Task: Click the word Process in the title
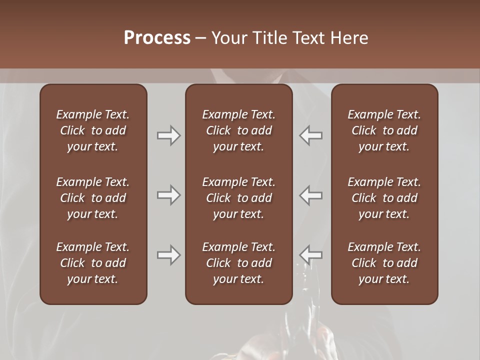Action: [157, 38]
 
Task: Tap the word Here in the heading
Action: [349, 38]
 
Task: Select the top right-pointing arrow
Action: [168, 135]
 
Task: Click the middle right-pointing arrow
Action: [168, 195]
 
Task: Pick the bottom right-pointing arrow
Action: [168, 255]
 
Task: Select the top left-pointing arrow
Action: [311, 135]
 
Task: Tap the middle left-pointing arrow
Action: [311, 195]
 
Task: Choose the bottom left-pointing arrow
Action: [311, 255]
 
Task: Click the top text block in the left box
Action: [93, 130]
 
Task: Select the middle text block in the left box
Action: [93, 198]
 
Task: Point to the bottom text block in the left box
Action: [93, 263]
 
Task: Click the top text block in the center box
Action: [238, 130]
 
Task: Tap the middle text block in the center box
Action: [238, 198]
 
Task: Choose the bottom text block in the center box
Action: [238, 263]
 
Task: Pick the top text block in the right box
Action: [384, 130]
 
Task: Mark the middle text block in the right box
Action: [384, 198]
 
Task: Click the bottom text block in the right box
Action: [384, 263]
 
